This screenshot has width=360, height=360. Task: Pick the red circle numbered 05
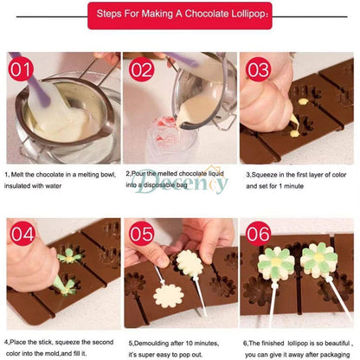coord(140,235)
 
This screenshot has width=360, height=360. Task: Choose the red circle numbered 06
coord(258,235)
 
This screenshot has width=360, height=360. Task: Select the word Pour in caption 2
coord(141,172)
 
